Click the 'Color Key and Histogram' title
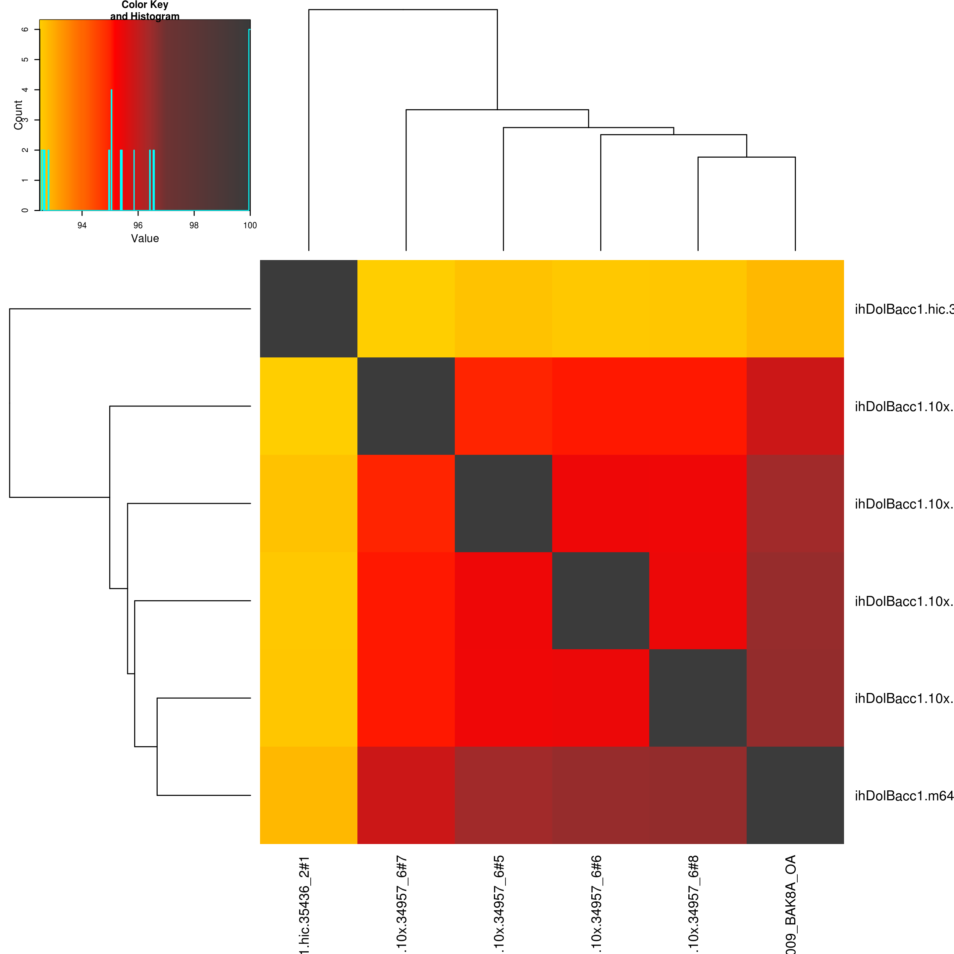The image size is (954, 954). (x=145, y=10)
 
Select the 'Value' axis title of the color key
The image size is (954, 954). (x=145, y=238)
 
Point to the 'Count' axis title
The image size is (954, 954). (x=18, y=115)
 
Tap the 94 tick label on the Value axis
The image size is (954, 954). (x=82, y=226)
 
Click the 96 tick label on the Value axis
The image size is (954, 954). (x=138, y=226)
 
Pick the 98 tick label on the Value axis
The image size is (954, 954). (x=194, y=226)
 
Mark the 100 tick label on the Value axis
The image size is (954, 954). (x=250, y=226)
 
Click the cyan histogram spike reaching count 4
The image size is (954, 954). (x=112, y=148)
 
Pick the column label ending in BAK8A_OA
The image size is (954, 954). (x=791, y=904)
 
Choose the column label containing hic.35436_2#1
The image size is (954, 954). (x=305, y=904)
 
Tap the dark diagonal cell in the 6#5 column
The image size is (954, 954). (x=503, y=503)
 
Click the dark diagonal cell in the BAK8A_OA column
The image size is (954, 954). (x=795, y=795)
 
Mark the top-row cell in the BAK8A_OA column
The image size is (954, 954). (x=795, y=309)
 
